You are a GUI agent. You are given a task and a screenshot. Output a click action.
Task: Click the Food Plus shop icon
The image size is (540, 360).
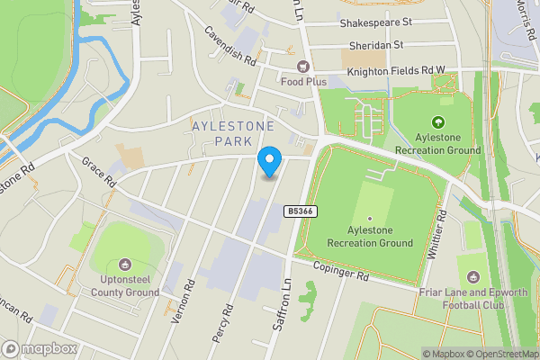pyautogui.click(x=303, y=66)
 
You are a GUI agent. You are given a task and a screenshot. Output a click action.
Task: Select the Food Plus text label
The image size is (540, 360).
pyautogui.click(x=303, y=81)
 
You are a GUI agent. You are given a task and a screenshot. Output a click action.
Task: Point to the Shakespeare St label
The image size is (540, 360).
pyautogui.click(x=375, y=20)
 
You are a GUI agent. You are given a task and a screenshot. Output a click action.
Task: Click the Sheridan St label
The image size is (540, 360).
pyautogui.click(x=375, y=43)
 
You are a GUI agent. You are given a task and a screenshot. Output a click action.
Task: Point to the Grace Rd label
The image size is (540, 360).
pyautogui.click(x=99, y=172)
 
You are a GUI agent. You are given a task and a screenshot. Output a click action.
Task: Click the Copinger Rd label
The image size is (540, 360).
pyautogui.click(x=342, y=271)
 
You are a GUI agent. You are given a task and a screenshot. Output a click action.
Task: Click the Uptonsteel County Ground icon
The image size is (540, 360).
pyautogui.click(x=123, y=265)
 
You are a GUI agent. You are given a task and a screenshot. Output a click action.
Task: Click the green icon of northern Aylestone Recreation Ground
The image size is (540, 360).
pyautogui.click(x=438, y=122)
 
